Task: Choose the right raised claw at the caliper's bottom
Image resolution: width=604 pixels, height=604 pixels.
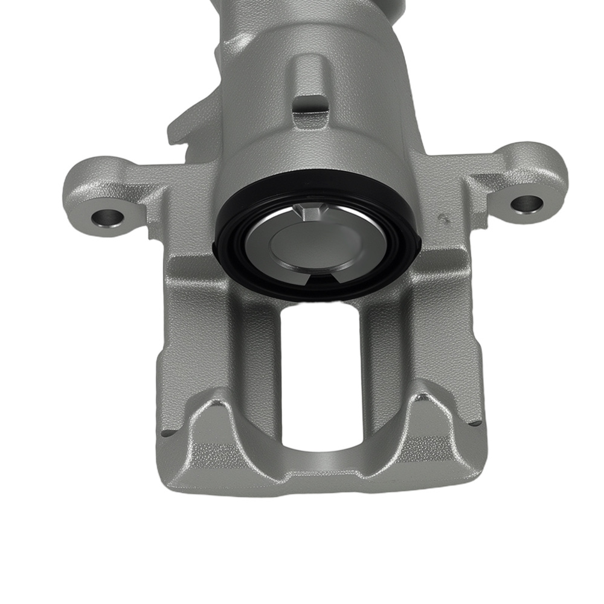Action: pos(426,417)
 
